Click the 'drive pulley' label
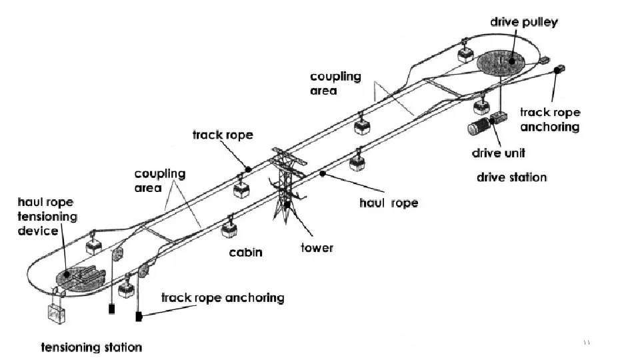coord(523,23)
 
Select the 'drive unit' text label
coord(498,153)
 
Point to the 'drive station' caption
coord(511,178)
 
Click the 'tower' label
coord(316,248)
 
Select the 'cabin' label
coord(245,253)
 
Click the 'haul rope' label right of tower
coord(388,203)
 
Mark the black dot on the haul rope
coord(322,173)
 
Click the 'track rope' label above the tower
coord(223,135)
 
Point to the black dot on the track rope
coord(247,169)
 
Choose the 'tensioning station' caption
coord(91,347)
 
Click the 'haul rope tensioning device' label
coord(47,216)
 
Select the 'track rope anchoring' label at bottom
coord(223,297)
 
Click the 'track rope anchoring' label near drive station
coord(549,119)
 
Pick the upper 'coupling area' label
coord(335,83)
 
